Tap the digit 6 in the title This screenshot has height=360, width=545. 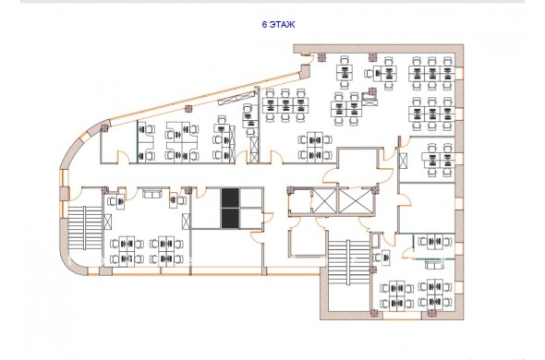pos(264,24)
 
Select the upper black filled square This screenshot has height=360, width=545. pos(230,198)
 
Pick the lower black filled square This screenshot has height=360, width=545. pos(230,218)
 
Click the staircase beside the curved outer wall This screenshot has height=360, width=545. pos(85,228)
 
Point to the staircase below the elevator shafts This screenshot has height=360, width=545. pos(348,261)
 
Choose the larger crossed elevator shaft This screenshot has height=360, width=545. pos(356,201)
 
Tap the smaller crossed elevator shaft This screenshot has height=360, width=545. pos(324,201)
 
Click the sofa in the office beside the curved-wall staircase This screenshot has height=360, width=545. pos(152,193)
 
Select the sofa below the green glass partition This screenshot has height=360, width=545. pos(434,265)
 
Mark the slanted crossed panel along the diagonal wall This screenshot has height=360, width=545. pos(236,98)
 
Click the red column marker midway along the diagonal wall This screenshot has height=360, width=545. pos(188,108)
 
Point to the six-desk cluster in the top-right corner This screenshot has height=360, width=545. pos(431,73)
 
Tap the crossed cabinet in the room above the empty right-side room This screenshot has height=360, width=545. pos(403,161)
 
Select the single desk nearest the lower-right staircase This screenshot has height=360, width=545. pos(382,258)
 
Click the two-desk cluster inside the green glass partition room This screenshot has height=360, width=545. pos(434,242)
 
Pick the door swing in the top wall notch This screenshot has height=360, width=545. pos(307,59)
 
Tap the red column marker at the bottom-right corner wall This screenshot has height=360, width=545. pos(431,313)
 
